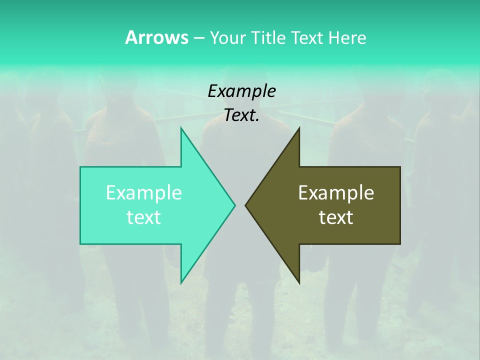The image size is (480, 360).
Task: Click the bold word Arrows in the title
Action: [x=156, y=37]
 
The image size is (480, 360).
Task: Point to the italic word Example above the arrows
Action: [x=241, y=91]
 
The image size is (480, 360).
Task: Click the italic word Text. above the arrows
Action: [x=241, y=115]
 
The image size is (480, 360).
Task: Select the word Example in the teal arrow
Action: [x=144, y=193]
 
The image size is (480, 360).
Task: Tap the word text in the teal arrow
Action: [x=144, y=217]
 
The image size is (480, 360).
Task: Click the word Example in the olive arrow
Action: [x=336, y=193]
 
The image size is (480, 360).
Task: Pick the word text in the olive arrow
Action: [x=336, y=217]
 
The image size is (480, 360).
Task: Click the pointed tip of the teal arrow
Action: [x=234, y=204]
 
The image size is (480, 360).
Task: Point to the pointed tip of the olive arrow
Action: [x=245, y=204]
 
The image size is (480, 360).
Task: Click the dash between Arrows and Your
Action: [x=198, y=38]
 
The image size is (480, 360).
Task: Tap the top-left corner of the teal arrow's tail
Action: [x=80, y=167]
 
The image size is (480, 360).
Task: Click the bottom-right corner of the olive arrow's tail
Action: [x=400, y=243]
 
